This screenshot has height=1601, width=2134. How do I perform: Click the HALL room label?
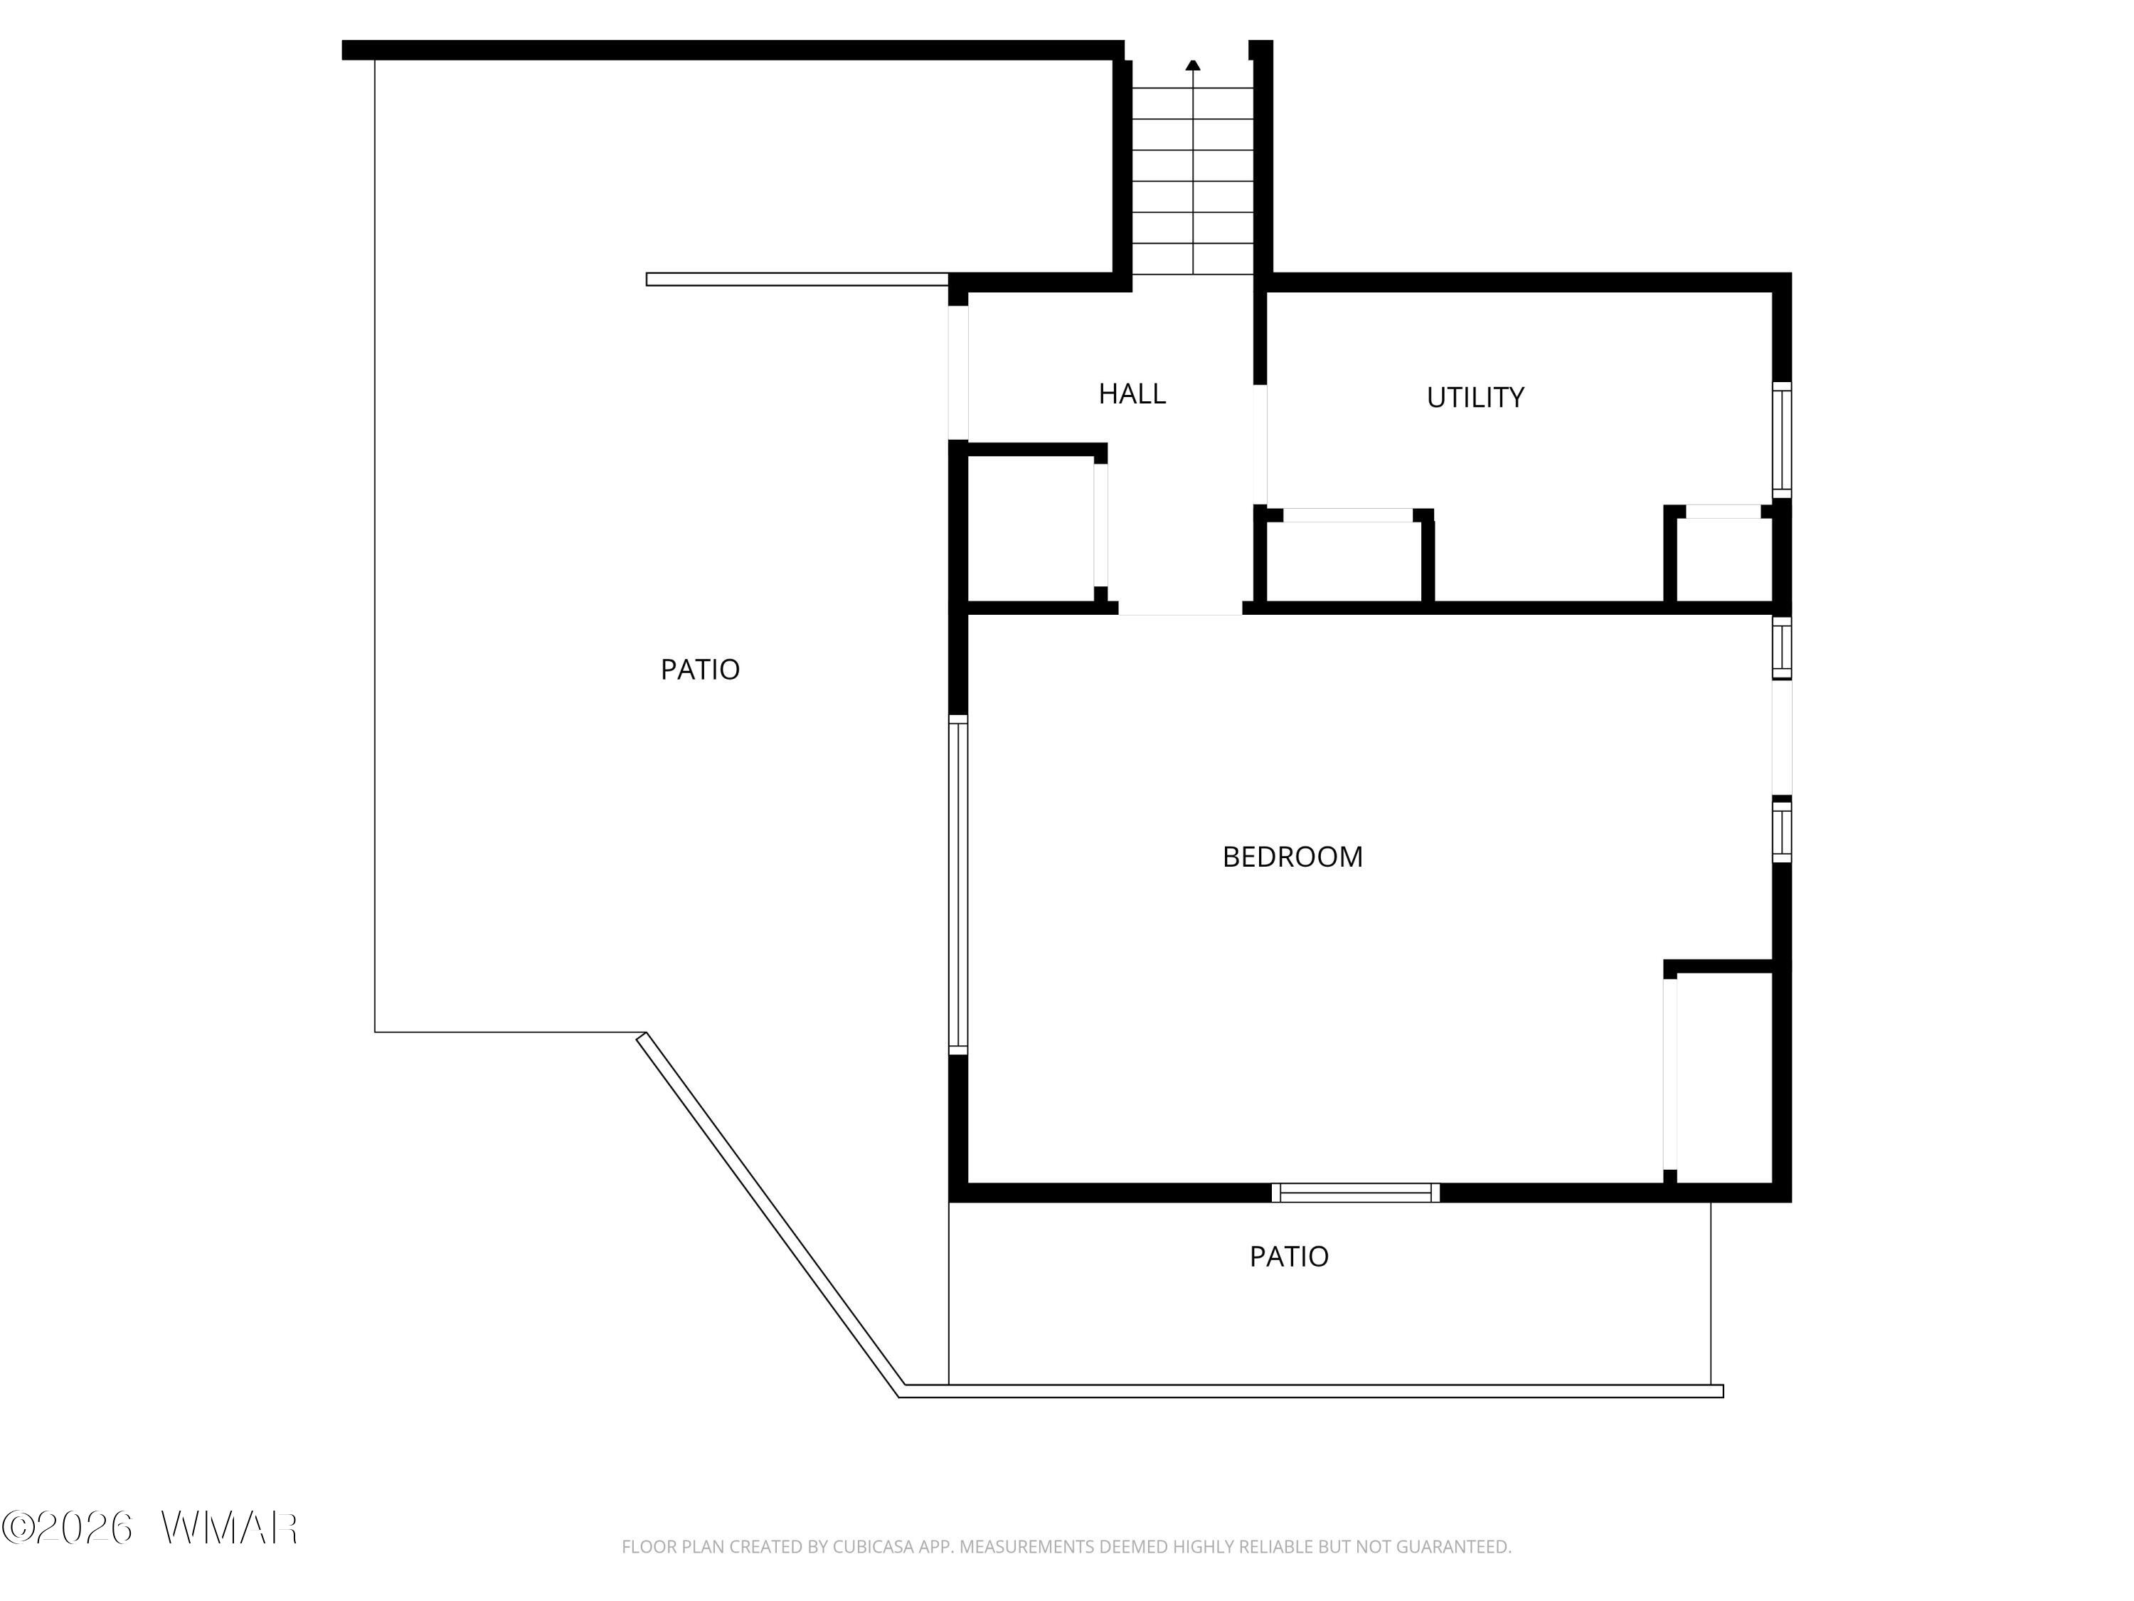(x=1132, y=393)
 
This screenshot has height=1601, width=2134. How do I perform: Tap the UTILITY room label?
(x=1475, y=398)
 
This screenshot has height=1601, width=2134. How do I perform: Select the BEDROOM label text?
(x=1292, y=857)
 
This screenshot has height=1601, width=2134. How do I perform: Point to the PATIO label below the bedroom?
(x=1289, y=1257)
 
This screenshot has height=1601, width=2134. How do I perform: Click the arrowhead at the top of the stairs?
(x=1194, y=65)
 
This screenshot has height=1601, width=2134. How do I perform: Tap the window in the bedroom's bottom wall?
(x=1356, y=1193)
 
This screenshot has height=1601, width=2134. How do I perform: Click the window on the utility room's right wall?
(x=1782, y=440)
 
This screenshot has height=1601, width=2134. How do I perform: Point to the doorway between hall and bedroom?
(x=1180, y=608)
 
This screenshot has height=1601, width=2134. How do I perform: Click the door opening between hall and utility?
(x=1260, y=444)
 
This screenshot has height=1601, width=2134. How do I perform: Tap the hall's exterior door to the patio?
(x=958, y=373)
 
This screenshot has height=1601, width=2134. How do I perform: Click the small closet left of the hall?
(x=1030, y=529)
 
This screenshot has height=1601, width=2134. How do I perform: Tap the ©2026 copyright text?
(x=67, y=1528)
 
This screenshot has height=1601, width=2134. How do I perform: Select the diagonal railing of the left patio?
(x=770, y=1216)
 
